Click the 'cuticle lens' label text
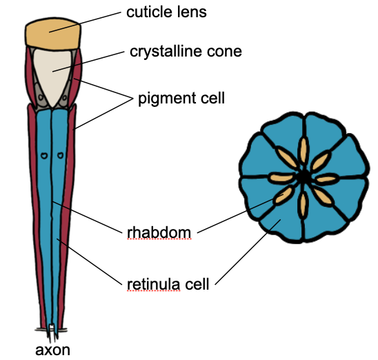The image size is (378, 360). pyautogui.click(x=166, y=12)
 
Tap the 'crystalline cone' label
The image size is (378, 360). pyautogui.click(x=186, y=52)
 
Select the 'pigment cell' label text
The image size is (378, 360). pyautogui.click(x=181, y=99)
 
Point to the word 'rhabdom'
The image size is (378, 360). pyautogui.click(x=159, y=233)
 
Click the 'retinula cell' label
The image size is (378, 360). pyautogui.click(x=168, y=284)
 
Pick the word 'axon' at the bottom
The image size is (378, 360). pyautogui.click(x=53, y=350)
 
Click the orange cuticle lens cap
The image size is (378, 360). pyautogui.click(x=53, y=34)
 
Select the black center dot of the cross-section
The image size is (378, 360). pyautogui.click(x=304, y=177)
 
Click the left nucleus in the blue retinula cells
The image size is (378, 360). pyautogui.click(x=44, y=156)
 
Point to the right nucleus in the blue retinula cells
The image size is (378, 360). pyautogui.click(x=60, y=155)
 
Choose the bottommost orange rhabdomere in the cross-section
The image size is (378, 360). pyautogui.click(x=303, y=206)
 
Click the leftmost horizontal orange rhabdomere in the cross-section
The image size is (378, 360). pyautogui.click(x=281, y=178)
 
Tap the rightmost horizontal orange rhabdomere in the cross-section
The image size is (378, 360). pyautogui.click(x=326, y=179)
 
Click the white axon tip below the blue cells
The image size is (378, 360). pyautogui.click(x=51, y=331)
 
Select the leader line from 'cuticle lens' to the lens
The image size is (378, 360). pyautogui.click(x=85, y=22)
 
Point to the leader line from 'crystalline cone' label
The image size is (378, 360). pyautogui.click(x=88, y=61)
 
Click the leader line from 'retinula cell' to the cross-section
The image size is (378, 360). pyautogui.click(x=248, y=252)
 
